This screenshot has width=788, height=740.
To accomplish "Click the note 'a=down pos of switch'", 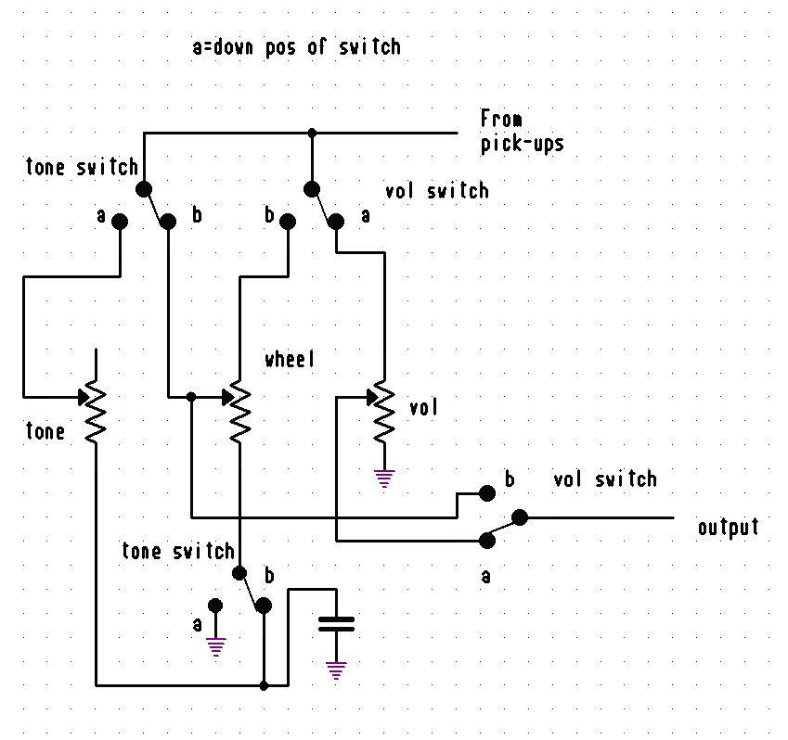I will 296,47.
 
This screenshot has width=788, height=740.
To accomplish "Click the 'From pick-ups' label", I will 523,131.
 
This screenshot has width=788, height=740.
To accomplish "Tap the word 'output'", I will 729,528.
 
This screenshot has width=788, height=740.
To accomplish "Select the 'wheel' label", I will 290,360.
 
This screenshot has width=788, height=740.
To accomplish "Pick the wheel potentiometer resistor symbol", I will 239,410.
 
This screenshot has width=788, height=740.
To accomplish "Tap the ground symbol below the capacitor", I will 336,670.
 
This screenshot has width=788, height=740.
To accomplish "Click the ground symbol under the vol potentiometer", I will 384,478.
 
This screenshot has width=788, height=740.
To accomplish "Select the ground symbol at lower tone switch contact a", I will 216,645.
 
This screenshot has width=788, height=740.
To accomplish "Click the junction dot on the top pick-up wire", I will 312,134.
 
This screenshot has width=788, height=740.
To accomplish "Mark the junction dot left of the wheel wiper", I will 190,397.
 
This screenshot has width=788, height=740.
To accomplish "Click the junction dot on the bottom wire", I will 264,686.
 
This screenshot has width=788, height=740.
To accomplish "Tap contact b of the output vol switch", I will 484,491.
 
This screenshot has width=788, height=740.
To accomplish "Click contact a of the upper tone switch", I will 120,221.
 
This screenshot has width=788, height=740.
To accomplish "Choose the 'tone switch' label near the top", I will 82,168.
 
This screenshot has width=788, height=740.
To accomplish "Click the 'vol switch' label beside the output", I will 604,479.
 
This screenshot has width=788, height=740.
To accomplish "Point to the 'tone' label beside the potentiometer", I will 45,431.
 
